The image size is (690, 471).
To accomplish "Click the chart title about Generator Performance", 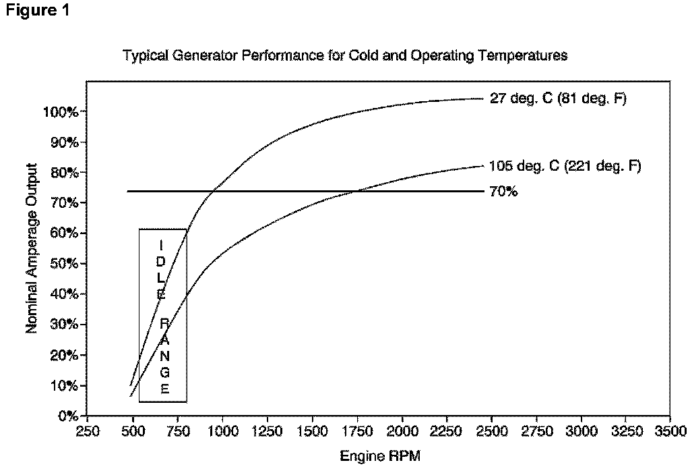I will pos(344,56).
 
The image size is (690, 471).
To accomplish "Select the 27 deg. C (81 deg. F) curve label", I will pos(558,99).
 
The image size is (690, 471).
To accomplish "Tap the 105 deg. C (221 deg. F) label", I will pos(564,165).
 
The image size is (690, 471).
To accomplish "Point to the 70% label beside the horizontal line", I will pos(503,192).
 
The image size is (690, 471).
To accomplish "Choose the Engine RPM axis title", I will pos(380,456).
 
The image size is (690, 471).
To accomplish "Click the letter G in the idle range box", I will pos(165,372).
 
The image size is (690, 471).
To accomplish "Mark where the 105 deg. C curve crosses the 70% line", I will pos(355,192).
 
